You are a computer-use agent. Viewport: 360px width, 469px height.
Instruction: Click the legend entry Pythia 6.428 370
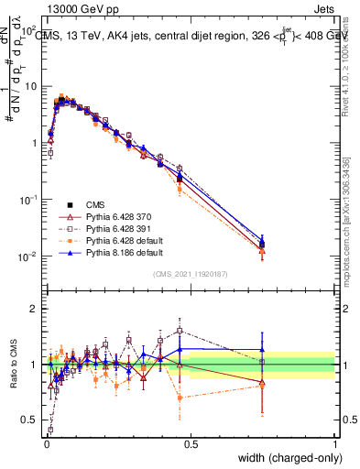(110, 213)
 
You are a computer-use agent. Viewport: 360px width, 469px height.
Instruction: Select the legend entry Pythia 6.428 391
(110, 224)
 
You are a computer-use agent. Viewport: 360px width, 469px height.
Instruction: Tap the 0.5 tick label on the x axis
(190, 444)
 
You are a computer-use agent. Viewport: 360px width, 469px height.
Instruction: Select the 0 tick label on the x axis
(45, 444)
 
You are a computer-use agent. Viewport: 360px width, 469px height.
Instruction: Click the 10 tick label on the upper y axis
(29, 86)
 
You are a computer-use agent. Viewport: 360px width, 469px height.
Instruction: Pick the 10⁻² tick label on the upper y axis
(27, 256)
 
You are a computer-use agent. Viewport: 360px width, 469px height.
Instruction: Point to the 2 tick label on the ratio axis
(35, 309)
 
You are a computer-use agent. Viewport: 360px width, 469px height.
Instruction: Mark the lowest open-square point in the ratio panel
(49, 429)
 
